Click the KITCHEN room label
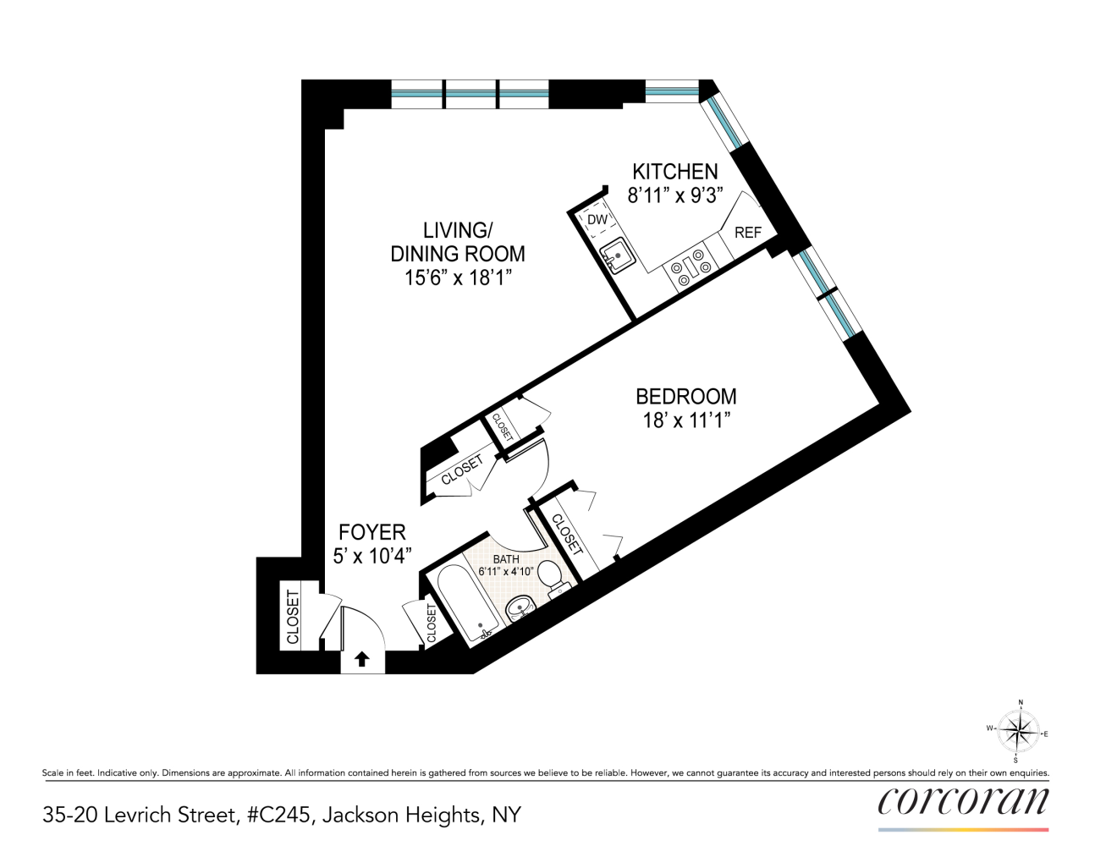pyautogui.click(x=675, y=172)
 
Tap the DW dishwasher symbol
pyautogui.click(x=597, y=220)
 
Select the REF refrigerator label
pyautogui.click(x=747, y=233)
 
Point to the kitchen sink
pyautogui.click(x=619, y=255)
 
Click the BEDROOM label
pyautogui.click(x=685, y=396)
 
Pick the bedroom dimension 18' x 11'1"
pyautogui.click(x=685, y=420)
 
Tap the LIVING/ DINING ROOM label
pyautogui.click(x=458, y=242)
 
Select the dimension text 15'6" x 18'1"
pyautogui.click(x=458, y=277)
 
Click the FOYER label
pyautogui.click(x=372, y=532)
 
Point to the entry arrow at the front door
pyautogui.click(x=362, y=659)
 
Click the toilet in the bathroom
pyautogui.click(x=552, y=578)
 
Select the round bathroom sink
pyautogui.click(x=519, y=607)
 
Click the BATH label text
pyautogui.click(x=506, y=559)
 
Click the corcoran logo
pyautogui.click(x=963, y=802)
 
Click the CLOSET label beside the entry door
pyautogui.click(x=293, y=616)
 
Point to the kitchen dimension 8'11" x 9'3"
pyautogui.click(x=675, y=195)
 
